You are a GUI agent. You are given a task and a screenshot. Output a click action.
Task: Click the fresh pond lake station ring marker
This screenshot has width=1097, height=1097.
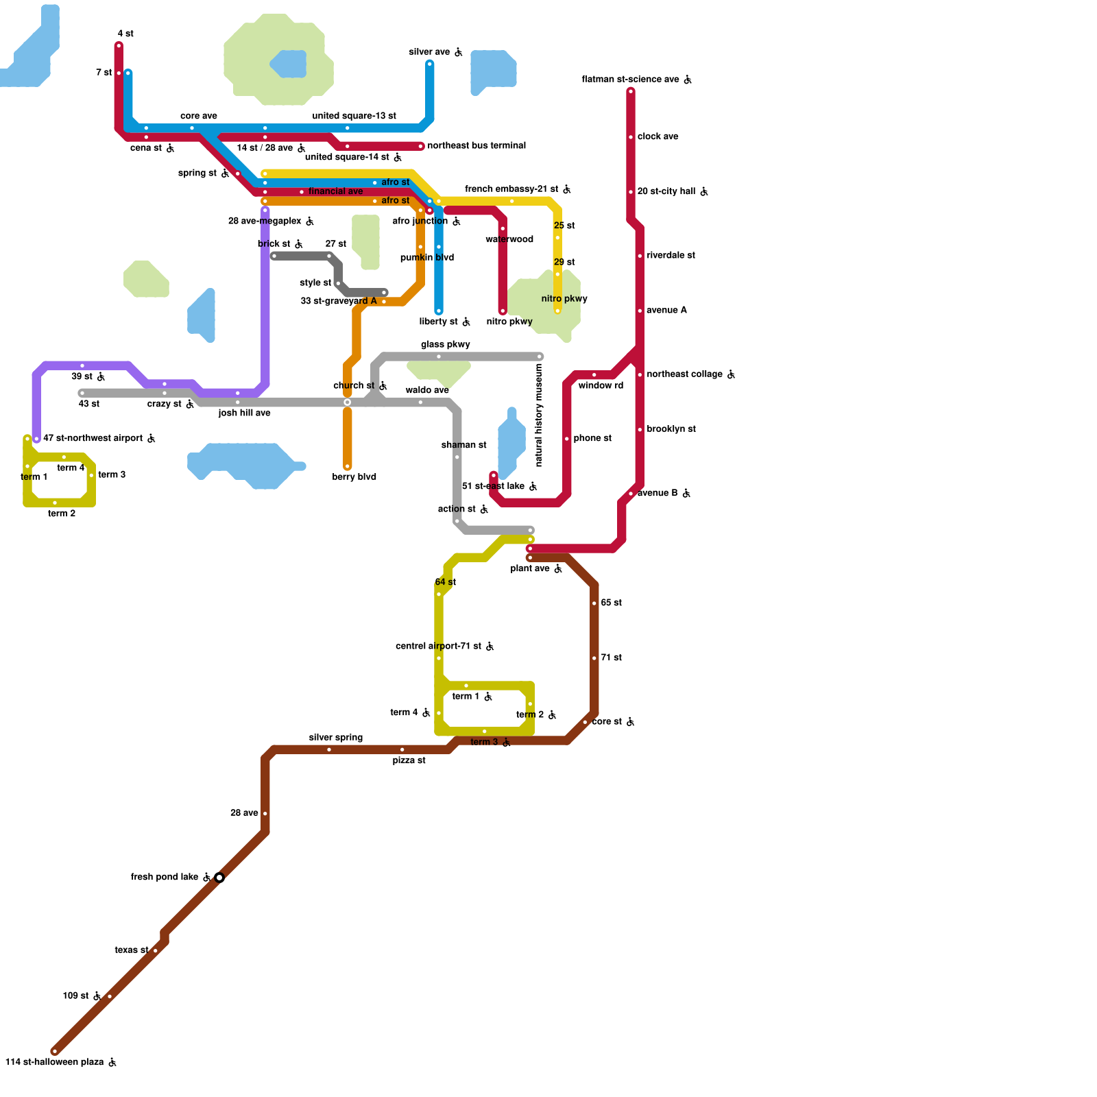pyautogui.click(x=219, y=878)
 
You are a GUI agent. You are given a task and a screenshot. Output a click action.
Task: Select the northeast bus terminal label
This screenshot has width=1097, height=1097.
pyautogui.click(x=477, y=146)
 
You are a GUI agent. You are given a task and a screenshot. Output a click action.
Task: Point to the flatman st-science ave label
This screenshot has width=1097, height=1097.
pyautogui.click(x=630, y=80)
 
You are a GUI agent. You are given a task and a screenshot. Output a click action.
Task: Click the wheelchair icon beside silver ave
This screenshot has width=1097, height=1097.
pyautogui.click(x=459, y=53)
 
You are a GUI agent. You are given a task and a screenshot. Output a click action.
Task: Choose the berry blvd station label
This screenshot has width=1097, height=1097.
pyautogui.click(x=354, y=477)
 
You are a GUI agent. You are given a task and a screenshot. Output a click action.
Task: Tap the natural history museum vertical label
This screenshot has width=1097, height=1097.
pyautogui.click(x=539, y=415)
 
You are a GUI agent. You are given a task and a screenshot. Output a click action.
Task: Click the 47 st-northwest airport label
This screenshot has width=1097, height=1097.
pyautogui.click(x=93, y=438)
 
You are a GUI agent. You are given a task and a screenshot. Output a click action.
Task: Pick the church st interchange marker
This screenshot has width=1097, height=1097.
pyautogui.click(x=348, y=402)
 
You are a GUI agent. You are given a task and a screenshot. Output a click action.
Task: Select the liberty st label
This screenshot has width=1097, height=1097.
pyautogui.click(x=439, y=322)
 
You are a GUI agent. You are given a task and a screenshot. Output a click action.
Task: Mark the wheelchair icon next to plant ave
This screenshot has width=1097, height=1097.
pyautogui.click(x=558, y=569)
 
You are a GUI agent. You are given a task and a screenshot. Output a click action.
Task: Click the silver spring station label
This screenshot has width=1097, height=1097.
pyautogui.click(x=335, y=738)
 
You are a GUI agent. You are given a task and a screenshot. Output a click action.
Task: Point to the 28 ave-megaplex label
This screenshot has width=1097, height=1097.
pyautogui.click(x=265, y=221)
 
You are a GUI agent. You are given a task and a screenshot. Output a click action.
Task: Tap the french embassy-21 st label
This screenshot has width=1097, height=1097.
pyautogui.click(x=511, y=189)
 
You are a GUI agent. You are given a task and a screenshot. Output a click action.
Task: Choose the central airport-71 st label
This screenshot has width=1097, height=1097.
pyautogui.click(x=438, y=647)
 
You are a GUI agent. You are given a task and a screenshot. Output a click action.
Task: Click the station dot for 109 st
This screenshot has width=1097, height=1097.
pyautogui.click(x=110, y=996)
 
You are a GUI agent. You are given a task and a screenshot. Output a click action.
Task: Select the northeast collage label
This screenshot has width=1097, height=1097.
pyautogui.click(x=684, y=374)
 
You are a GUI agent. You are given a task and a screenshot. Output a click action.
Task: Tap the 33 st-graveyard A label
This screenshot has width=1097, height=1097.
pyautogui.click(x=338, y=301)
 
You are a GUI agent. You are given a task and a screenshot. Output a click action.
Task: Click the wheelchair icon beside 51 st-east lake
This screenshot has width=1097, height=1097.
pyautogui.click(x=533, y=487)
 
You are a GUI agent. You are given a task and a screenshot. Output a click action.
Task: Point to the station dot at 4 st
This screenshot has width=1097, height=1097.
pyautogui.click(x=119, y=46)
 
